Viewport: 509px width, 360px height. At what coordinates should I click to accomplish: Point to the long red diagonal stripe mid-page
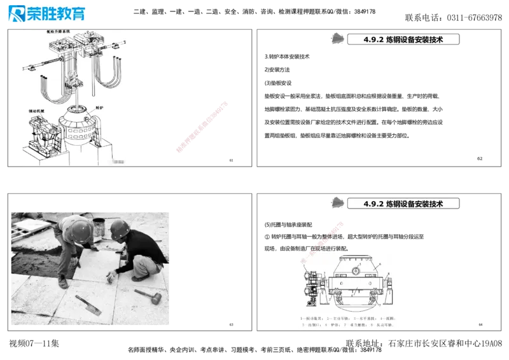tap(201, 127)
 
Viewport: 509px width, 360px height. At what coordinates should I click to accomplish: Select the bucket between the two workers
tap(99, 226)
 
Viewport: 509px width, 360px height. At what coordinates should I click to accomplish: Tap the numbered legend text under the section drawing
tap(347, 321)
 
